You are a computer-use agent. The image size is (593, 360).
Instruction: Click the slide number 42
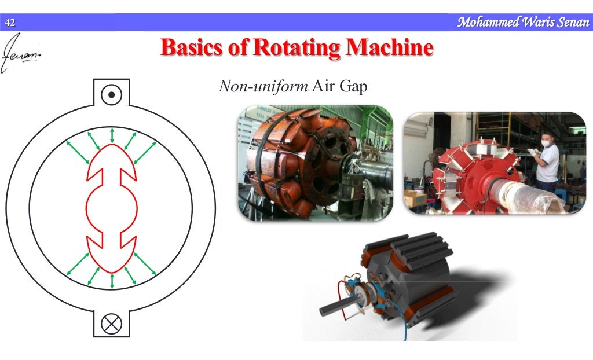point(9,23)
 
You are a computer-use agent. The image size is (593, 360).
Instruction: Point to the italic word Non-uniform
point(262,87)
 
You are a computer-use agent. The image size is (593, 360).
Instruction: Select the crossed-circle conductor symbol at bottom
point(111,324)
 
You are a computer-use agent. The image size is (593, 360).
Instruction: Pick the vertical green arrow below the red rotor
point(112,281)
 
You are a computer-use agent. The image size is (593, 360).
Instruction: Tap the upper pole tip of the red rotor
point(112,147)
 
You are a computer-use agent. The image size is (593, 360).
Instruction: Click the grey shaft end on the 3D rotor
point(328,305)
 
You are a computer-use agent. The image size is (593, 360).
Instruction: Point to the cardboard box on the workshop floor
point(415,198)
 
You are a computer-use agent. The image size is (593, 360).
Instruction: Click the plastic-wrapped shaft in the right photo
point(521,194)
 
